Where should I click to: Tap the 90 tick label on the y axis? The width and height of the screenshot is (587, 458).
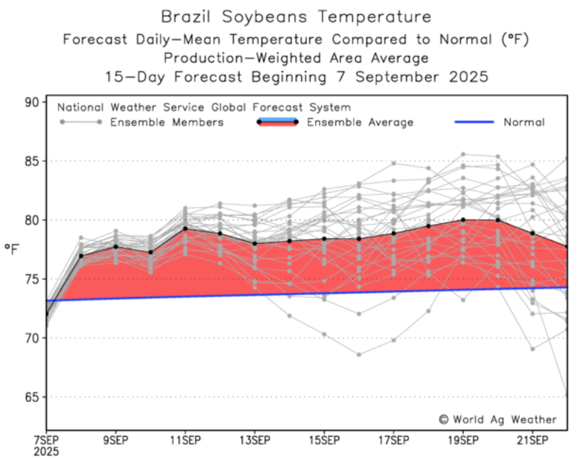pos(31,102)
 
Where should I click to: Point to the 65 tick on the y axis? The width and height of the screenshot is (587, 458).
pos(31,396)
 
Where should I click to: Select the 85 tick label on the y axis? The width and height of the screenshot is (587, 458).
pos(31,161)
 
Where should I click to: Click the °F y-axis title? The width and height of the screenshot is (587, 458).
pos(12,249)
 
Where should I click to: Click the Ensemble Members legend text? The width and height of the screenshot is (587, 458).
pos(167,123)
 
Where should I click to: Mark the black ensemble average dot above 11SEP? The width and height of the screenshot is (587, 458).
pos(185,228)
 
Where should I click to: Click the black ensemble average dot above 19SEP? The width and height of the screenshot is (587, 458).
pos(463,220)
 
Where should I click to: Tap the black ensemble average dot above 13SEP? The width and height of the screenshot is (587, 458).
pos(255,243)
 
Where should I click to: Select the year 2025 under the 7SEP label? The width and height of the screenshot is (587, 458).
pos(47,452)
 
